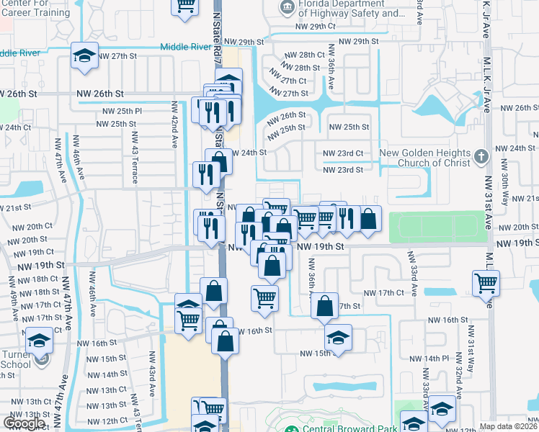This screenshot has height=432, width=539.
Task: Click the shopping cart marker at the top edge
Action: pyautogui.click(x=185, y=6)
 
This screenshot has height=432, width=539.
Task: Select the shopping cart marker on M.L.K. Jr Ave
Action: pyautogui.click(x=486, y=283)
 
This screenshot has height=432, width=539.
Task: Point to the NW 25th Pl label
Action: pyautogui.click(x=122, y=111)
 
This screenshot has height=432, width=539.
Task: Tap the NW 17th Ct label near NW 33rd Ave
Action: pyautogui.click(x=384, y=293)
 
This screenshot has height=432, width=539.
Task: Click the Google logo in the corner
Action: pyautogui.click(x=24, y=423)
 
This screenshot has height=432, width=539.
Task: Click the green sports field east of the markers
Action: pyautogui.click(x=437, y=228)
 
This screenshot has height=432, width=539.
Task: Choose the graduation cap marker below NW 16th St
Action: pyautogui.click(x=338, y=338)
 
